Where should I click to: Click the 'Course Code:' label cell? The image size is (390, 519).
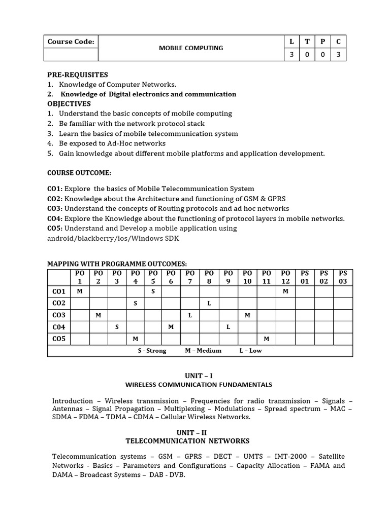[71, 42]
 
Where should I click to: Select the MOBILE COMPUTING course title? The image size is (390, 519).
[190, 48]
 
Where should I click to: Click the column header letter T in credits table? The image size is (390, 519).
[307, 42]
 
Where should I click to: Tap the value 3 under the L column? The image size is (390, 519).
[291, 55]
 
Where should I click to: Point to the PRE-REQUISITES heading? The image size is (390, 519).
[77, 75]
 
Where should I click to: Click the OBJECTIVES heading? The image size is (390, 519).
[69, 104]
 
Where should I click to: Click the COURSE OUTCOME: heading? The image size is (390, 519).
[79, 173]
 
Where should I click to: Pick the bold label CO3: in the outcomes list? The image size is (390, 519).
[55, 208]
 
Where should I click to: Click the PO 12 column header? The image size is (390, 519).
[285, 277]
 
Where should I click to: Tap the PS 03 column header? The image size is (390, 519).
[343, 277]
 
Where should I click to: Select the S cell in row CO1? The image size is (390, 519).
[153, 291]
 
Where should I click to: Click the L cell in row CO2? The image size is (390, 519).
[209, 303]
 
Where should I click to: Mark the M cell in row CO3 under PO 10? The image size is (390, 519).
[247, 315]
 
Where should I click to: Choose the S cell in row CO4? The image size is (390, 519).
[117, 327]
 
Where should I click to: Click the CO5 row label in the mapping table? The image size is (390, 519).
[59, 339]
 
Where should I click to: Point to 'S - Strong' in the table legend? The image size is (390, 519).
[152, 351]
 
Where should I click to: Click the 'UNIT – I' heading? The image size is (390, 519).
[194, 376]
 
